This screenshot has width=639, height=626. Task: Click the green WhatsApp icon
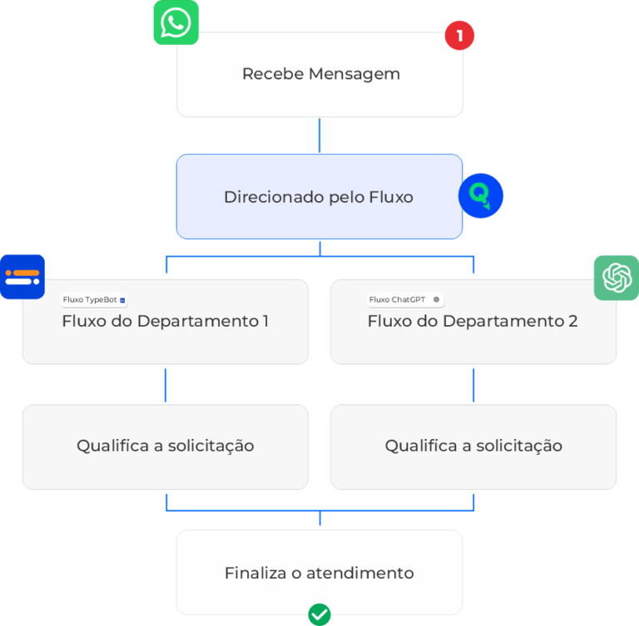click(x=176, y=22)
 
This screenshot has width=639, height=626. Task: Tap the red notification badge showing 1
click(x=459, y=36)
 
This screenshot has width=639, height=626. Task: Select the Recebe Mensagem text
click(x=320, y=74)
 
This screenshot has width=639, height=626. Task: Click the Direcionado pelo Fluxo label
click(x=319, y=197)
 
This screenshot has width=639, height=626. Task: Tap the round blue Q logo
click(x=481, y=196)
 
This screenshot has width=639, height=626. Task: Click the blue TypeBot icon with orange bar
click(x=22, y=277)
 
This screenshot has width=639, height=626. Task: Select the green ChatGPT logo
click(x=616, y=278)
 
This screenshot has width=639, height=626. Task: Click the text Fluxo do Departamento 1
click(x=165, y=321)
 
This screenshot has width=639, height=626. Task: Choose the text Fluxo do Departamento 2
click(x=473, y=321)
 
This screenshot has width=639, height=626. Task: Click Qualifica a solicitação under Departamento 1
click(x=165, y=446)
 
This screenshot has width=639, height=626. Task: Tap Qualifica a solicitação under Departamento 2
click(x=473, y=446)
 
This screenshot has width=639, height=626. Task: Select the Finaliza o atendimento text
click(x=319, y=573)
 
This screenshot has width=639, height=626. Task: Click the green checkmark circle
click(x=319, y=615)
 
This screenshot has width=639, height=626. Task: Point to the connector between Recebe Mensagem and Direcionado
click(x=319, y=136)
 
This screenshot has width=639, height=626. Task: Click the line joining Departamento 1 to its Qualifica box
click(x=166, y=384)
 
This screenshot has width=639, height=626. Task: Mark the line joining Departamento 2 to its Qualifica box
click(x=473, y=384)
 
